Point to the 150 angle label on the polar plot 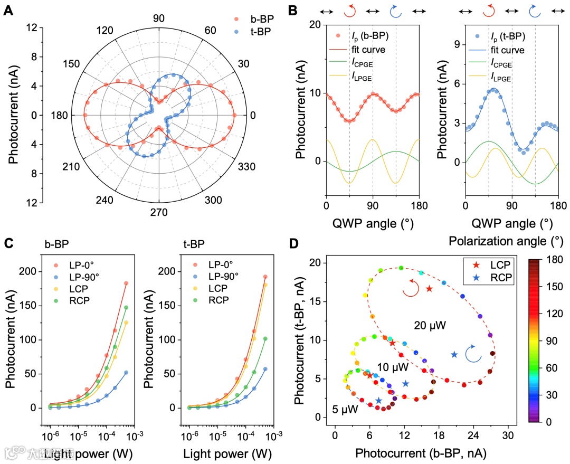click(x=71, y=64)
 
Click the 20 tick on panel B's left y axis click(x=315, y=25)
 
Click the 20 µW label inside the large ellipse click(x=430, y=326)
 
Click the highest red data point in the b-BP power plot click(x=126, y=283)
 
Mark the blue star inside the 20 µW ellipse click(x=454, y=354)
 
